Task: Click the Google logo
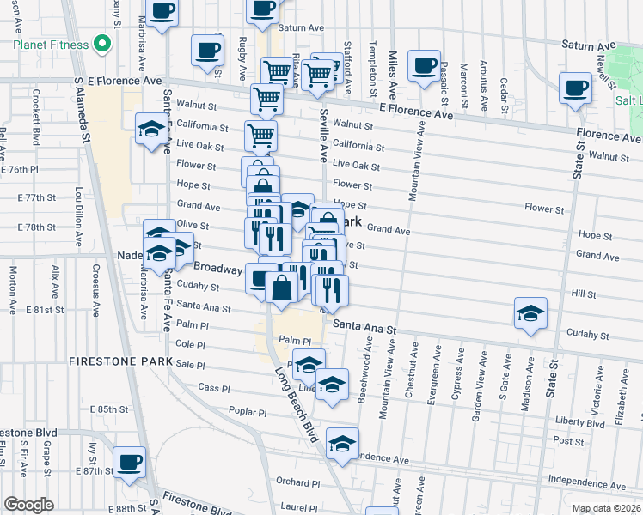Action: (x=28, y=505)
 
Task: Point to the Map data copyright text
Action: (x=606, y=508)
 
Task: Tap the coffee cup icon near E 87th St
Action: (x=130, y=462)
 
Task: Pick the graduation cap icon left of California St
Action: (x=151, y=128)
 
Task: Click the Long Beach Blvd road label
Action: (x=296, y=404)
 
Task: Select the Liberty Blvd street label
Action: (x=572, y=421)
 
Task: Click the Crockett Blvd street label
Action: (x=36, y=118)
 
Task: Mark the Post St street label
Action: (x=568, y=440)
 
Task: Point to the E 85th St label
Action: (x=112, y=409)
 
